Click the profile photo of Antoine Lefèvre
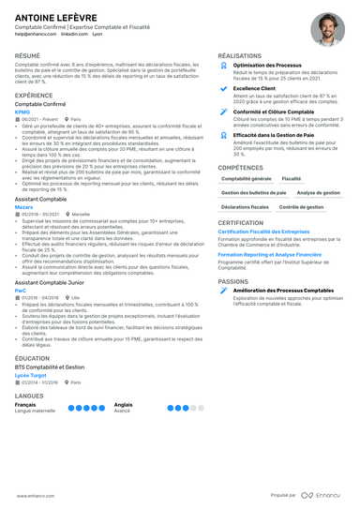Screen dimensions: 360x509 [327, 29]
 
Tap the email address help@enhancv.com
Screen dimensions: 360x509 [34, 37]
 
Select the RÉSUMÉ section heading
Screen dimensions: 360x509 [28, 56]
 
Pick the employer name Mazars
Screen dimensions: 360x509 [24, 232]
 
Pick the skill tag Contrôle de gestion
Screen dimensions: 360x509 [302, 205]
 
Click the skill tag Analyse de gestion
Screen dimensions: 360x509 [318, 191]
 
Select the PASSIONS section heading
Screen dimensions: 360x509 [233, 280]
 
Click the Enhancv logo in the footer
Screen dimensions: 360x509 [319, 494]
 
